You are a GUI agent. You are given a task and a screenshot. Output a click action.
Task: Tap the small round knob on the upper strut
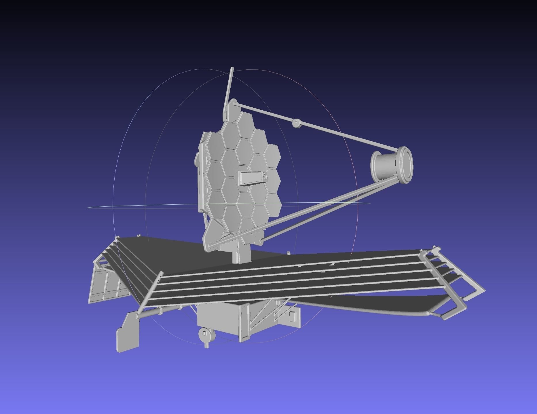(x=296, y=123)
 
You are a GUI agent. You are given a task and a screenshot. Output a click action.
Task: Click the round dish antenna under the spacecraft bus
(x=206, y=334)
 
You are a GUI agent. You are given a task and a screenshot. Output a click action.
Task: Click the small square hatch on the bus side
(x=293, y=316)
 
